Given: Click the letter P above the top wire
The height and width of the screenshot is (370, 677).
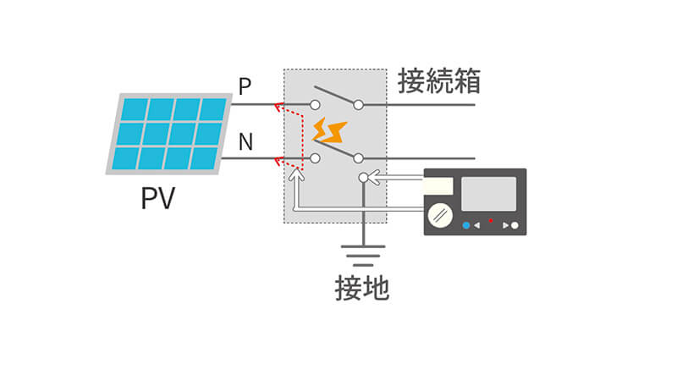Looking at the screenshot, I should pyautogui.click(x=245, y=86).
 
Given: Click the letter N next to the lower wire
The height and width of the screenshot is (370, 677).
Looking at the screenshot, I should pyautogui.click(x=245, y=141).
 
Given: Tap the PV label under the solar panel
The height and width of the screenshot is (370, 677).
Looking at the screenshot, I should pyautogui.click(x=158, y=200).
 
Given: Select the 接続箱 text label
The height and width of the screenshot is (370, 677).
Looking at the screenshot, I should pyautogui.click(x=439, y=81).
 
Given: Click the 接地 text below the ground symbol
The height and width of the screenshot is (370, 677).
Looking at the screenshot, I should pyautogui.click(x=362, y=288).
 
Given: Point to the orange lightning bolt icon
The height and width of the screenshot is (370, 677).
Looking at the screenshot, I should pyautogui.click(x=330, y=131).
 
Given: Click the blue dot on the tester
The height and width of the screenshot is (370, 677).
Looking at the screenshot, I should pyautogui.click(x=465, y=225).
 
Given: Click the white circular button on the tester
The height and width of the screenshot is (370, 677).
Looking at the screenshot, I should pyautogui.click(x=515, y=226).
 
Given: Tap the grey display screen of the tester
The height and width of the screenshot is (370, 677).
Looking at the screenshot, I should pyautogui.click(x=488, y=194).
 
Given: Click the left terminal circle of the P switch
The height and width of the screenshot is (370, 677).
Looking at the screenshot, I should pyautogui.click(x=315, y=105).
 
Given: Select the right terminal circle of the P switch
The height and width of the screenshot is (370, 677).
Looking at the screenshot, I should pyautogui.click(x=359, y=105).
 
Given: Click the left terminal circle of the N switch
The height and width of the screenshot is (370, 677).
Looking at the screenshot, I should pyautogui.click(x=315, y=158).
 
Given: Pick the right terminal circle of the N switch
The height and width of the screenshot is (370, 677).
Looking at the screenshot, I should pyautogui.click(x=359, y=158).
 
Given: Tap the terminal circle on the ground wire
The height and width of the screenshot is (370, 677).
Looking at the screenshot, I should pyautogui.click(x=364, y=178).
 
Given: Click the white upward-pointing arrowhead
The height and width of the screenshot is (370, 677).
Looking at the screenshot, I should pyautogui.click(x=294, y=175).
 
